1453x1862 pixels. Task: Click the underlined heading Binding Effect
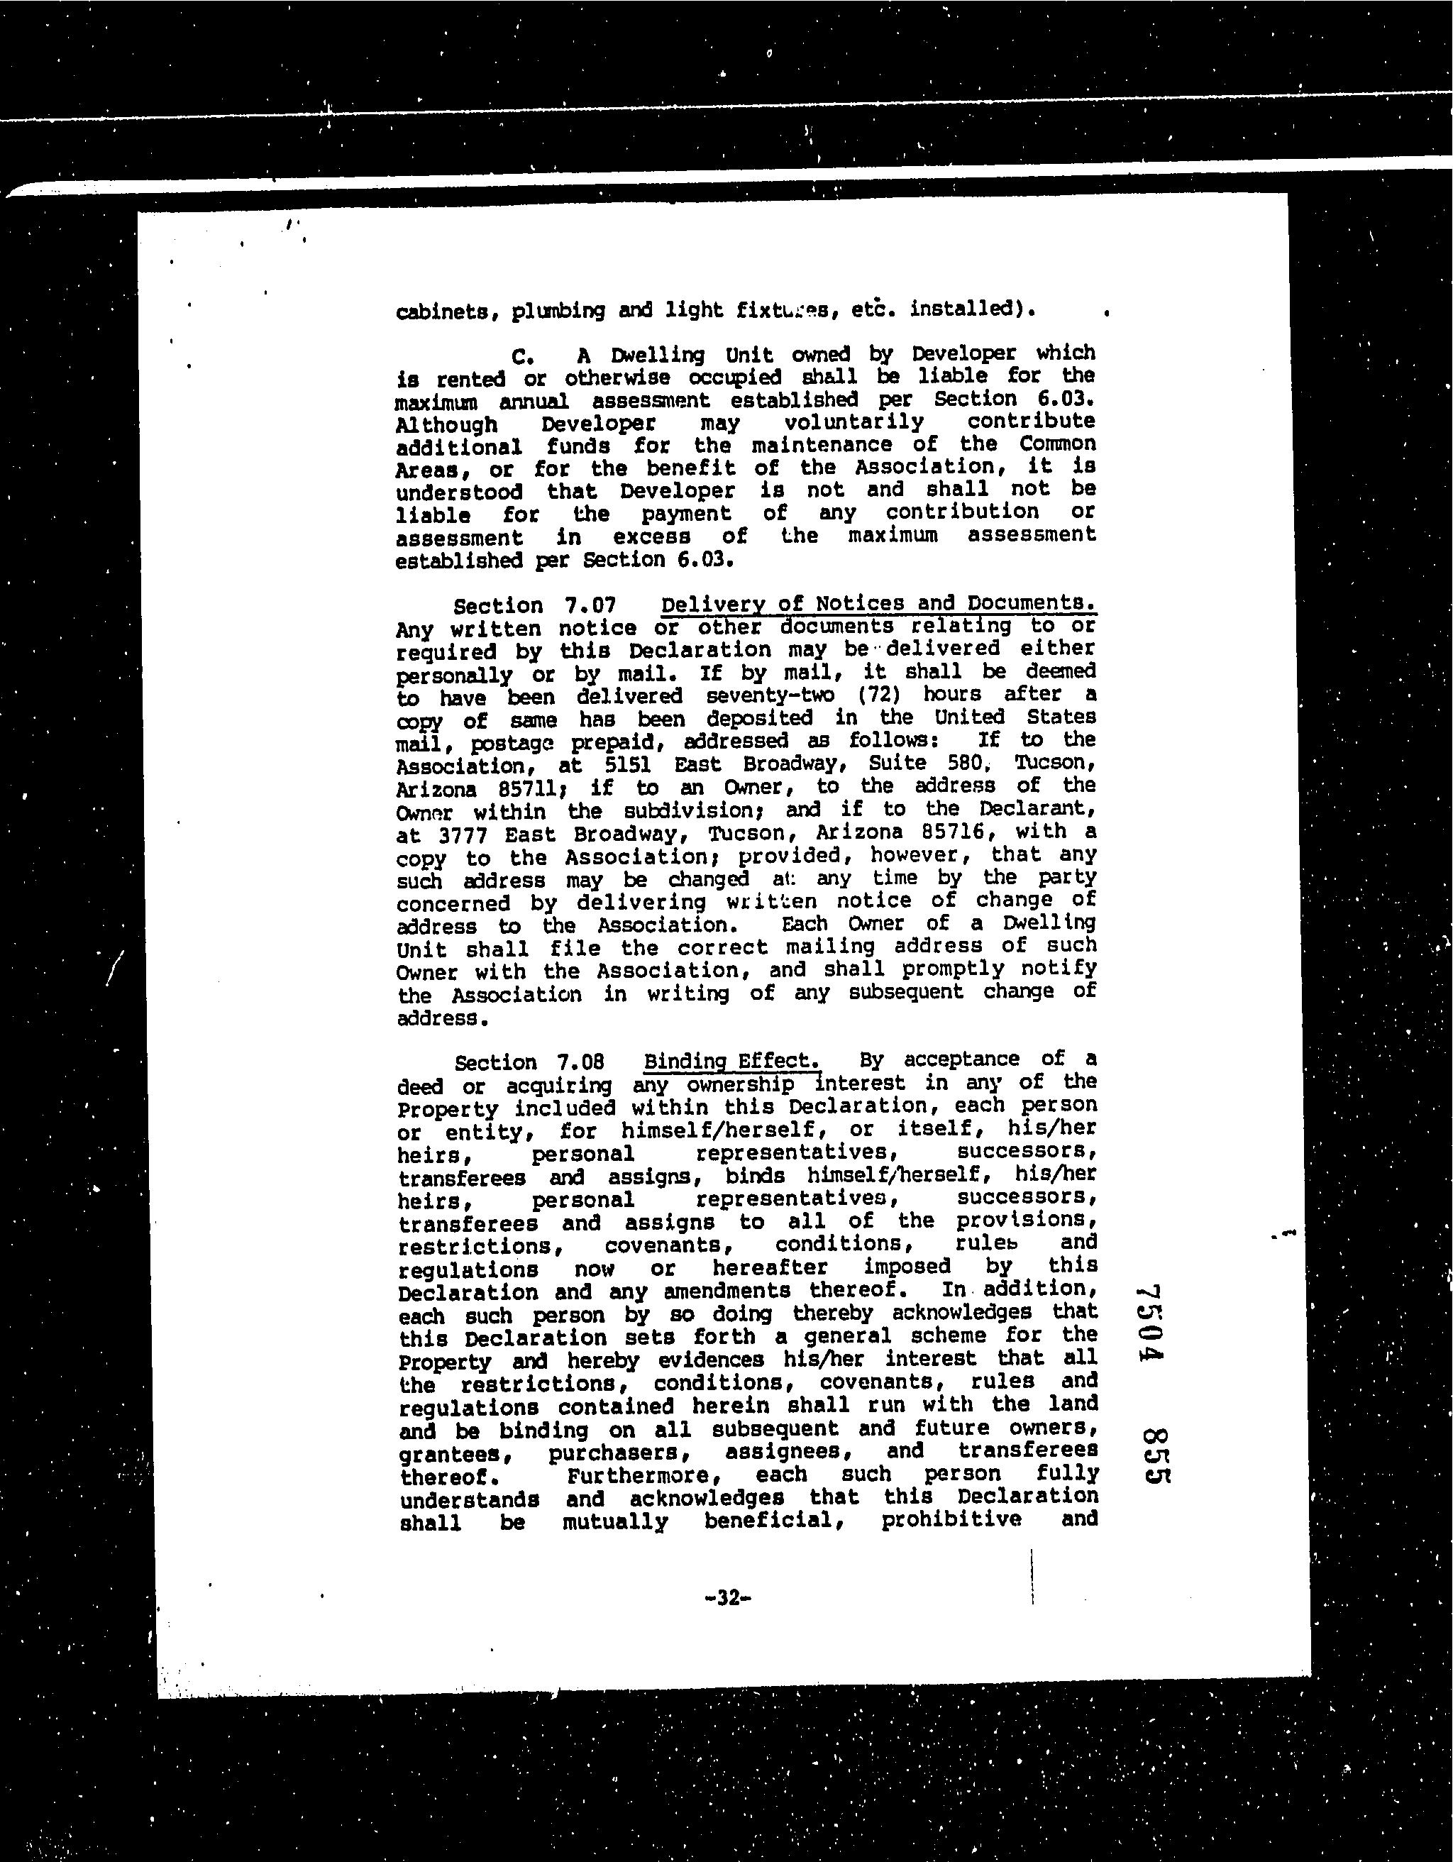tap(732, 1062)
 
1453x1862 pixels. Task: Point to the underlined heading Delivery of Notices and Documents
tap(878, 604)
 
